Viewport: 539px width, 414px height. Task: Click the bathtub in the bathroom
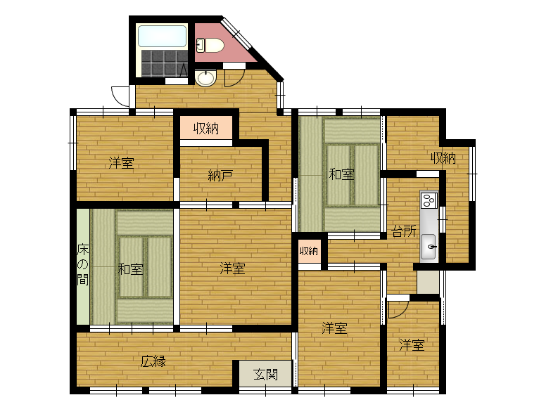point(162,36)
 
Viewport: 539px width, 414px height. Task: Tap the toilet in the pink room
point(210,46)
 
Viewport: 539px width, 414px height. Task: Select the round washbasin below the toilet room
point(205,78)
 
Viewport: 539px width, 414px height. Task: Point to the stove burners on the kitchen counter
point(429,200)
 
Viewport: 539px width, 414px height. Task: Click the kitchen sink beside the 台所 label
point(429,247)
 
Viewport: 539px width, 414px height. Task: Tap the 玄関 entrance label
point(265,374)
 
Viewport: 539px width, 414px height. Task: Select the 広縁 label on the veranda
point(153,362)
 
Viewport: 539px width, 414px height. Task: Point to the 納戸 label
point(220,175)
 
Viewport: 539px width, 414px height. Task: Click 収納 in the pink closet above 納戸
point(206,129)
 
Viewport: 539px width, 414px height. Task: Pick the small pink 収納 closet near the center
point(308,251)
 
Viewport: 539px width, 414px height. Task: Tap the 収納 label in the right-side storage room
point(443,158)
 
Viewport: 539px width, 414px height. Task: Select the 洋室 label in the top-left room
point(121,163)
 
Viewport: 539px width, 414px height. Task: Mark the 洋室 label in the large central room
point(232,268)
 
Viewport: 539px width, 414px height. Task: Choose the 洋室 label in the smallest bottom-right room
point(412,345)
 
